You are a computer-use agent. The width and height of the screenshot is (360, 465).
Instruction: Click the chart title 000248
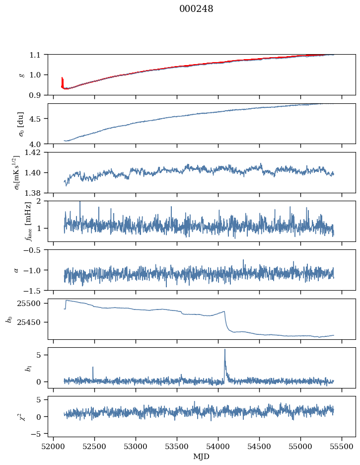point(196,9)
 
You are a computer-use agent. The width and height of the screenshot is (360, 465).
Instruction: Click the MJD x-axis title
point(202,456)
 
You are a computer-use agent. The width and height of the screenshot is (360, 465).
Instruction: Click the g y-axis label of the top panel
point(21,75)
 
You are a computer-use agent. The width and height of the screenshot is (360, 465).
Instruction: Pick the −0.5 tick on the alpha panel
point(34,250)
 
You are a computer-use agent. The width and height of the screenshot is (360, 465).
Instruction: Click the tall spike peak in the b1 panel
point(225,349)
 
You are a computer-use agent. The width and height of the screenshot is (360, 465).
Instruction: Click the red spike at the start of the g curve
point(62,78)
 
